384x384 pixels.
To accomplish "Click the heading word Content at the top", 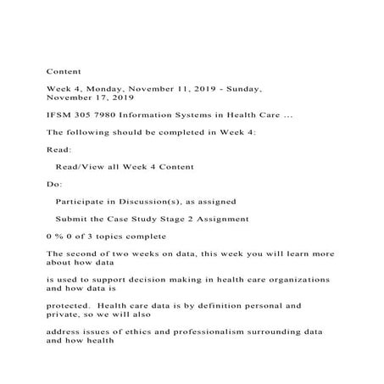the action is pyautogui.click(x=63, y=71).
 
